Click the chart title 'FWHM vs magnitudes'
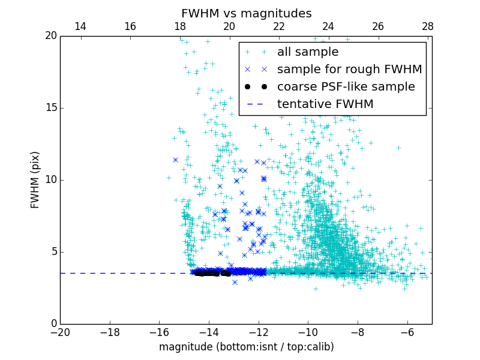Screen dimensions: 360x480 coord(246,13)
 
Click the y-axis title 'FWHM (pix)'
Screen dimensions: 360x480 coord(35,180)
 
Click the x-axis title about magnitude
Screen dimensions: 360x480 coord(246,347)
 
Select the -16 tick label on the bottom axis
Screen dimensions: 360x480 coord(159,332)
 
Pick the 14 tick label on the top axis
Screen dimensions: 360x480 coord(80,26)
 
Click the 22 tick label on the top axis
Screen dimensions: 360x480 coord(278,26)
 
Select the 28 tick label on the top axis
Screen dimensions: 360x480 coord(427,26)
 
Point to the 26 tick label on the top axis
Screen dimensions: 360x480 coord(378,26)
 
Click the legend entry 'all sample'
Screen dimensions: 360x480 coord(308,52)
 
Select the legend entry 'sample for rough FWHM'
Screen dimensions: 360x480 coord(349,70)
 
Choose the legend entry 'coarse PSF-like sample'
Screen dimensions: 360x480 coord(346,87)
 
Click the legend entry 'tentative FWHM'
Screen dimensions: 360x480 coord(325,104)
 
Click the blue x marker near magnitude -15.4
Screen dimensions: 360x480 coord(175,160)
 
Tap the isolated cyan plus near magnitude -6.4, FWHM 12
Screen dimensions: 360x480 coord(398,147)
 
